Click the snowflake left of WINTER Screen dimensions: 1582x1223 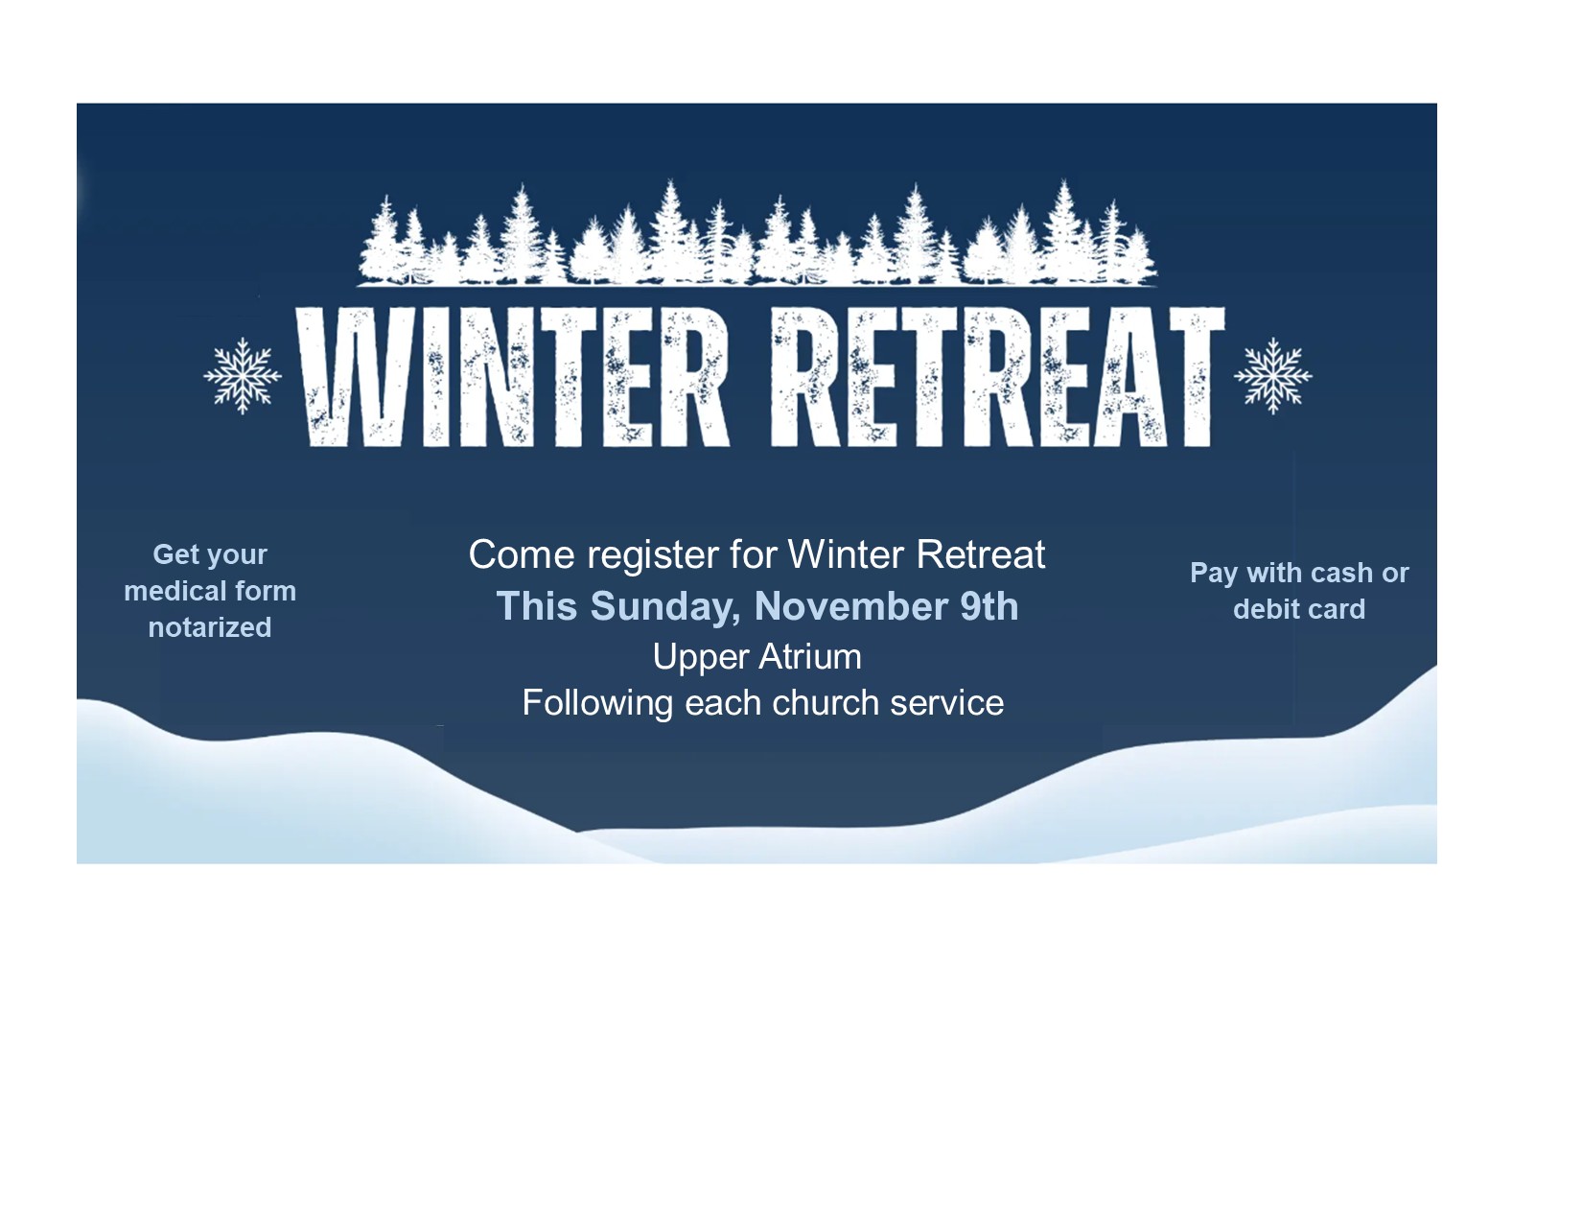click(x=243, y=376)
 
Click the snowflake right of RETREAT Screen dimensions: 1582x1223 click(x=1272, y=376)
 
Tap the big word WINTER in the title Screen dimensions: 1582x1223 click(x=512, y=377)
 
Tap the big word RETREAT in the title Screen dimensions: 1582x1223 click(x=997, y=377)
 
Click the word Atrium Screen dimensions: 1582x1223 click(x=810, y=656)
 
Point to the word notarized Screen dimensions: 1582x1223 click(x=210, y=627)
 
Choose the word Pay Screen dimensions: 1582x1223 click(x=1214, y=575)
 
